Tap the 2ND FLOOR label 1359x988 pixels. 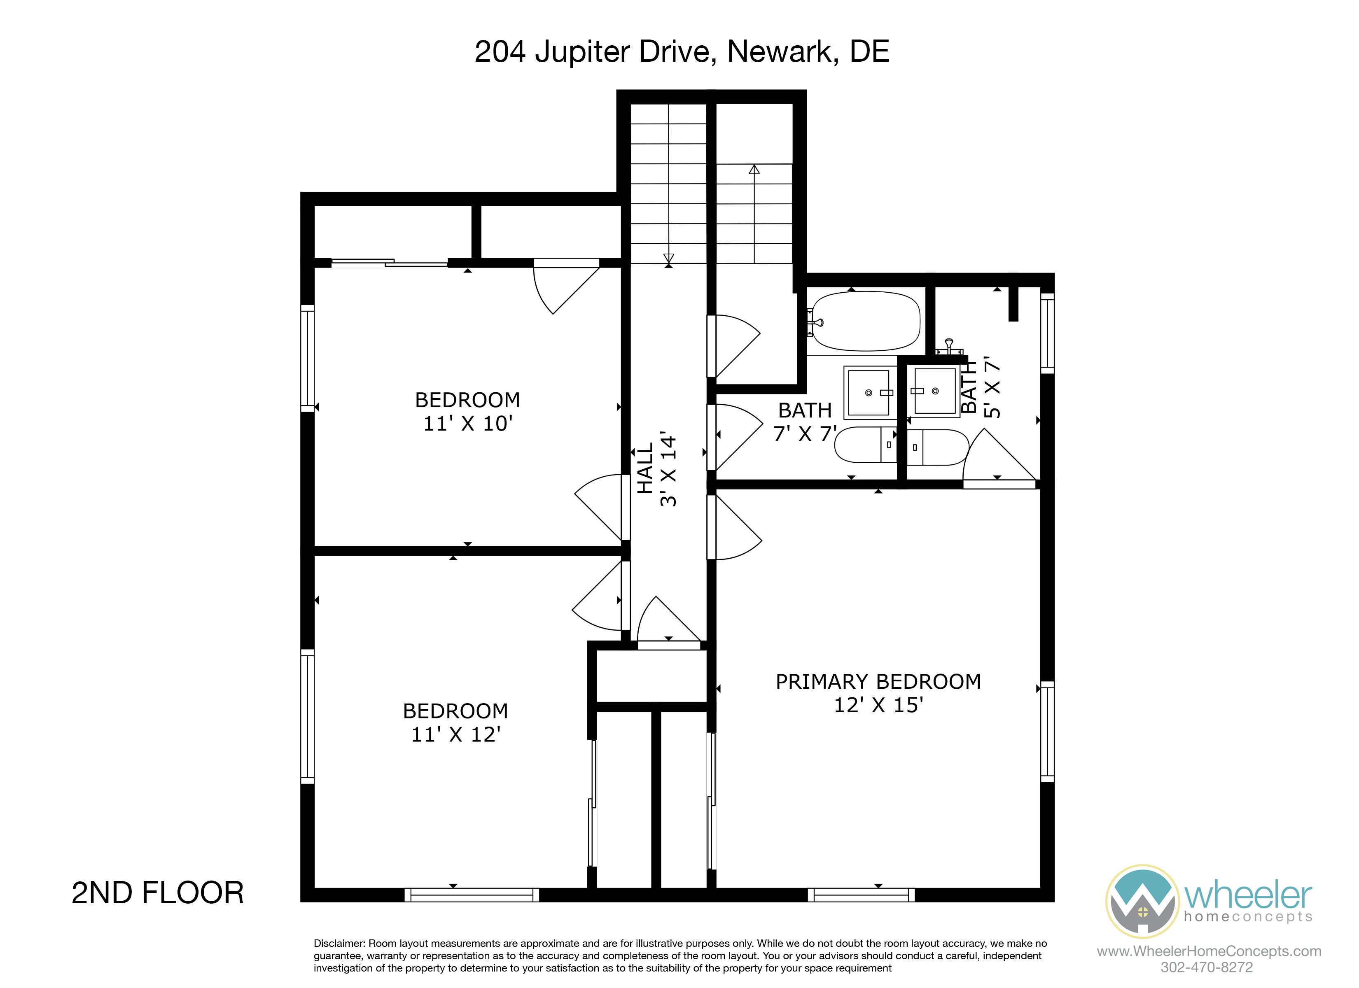tap(158, 893)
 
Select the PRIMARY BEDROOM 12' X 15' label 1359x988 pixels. tap(878, 693)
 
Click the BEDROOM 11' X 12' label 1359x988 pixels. tap(455, 722)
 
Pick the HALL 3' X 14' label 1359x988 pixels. tap(656, 468)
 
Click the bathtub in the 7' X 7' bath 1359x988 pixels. tap(864, 321)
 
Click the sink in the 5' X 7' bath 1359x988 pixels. tap(935, 391)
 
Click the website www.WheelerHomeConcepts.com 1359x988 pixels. tap(1209, 951)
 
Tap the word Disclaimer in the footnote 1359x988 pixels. tap(339, 943)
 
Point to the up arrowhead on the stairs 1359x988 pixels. tap(754, 170)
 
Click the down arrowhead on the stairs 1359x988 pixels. tap(669, 258)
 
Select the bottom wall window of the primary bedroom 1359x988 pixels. tap(861, 895)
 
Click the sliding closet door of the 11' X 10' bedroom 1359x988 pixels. tap(390, 262)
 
